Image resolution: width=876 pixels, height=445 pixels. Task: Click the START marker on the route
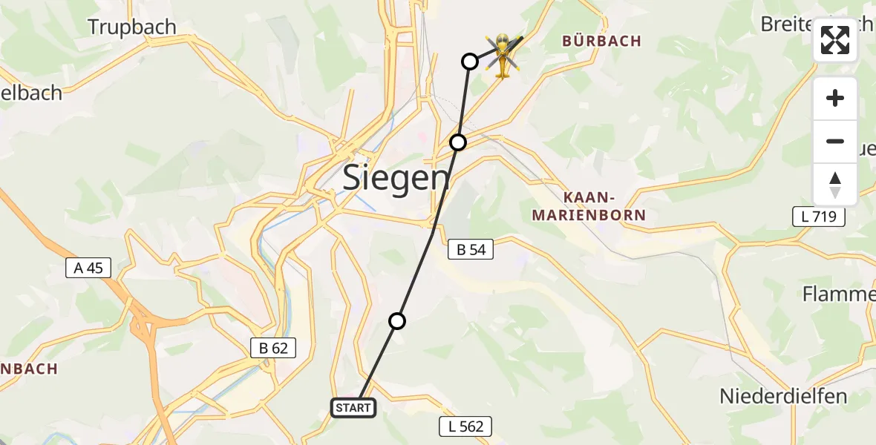pyautogui.click(x=353, y=407)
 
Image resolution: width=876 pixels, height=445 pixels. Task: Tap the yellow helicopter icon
pyautogui.click(x=503, y=54)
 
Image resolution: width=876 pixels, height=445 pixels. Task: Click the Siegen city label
pyautogui.click(x=396, y=179)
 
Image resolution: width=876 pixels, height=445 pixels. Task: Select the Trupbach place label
pyautogui.click(x=132, y=27)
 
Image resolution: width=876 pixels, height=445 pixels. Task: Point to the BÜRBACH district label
pyautogui.click(x=601, y=42)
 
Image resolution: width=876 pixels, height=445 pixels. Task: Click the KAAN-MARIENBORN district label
pyautogui.click(x=604, y=206)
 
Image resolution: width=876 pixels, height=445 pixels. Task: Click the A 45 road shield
pyautogui.click(x=88, y=268)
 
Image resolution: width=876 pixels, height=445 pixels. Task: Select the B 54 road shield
pyautogui.click(x=471, y=250)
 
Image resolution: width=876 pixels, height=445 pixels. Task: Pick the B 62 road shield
pyautogui.click(x=273, y=347)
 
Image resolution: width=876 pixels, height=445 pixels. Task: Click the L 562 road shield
pyautogui.click(x=465, y=426)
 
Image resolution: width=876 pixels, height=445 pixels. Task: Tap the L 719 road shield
pyautogui.click(x=819, y=217)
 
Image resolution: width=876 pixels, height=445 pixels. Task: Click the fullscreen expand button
pyautogui.click(x=835, y=40)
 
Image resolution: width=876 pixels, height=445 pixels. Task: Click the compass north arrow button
pyautogui.click(x=835, y=185)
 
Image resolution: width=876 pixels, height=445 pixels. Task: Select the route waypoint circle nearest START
pyautogui.click(x=397, y=320)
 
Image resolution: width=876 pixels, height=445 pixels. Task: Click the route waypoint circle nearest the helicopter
pyautogui.click(x=469, y=61)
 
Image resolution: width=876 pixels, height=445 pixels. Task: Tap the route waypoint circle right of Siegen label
pyautogui.click(x=458, y=142)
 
